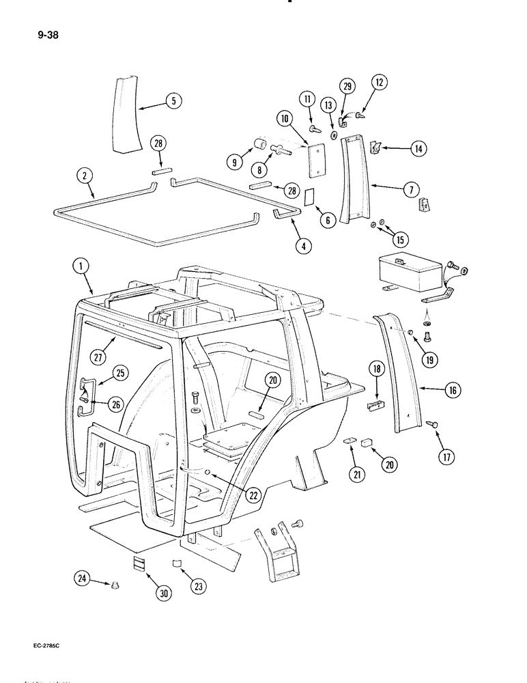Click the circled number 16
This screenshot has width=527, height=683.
coord(451,391)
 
